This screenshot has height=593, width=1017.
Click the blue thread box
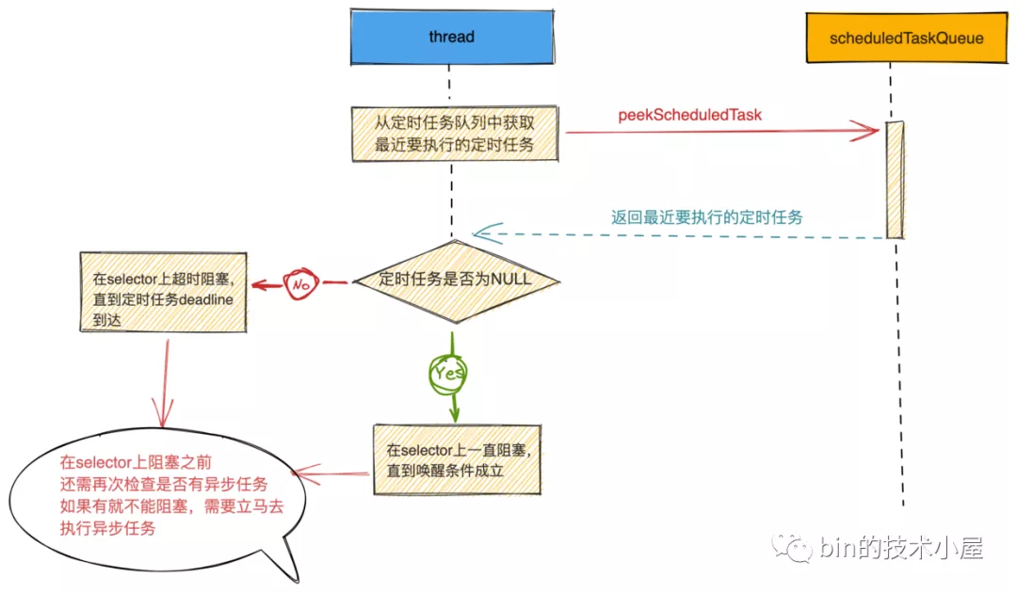(451, 38)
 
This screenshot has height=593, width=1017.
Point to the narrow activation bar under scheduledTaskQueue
(895, 179)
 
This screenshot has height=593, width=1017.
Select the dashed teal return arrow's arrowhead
(482, 233)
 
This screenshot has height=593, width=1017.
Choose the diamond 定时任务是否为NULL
(455, 280)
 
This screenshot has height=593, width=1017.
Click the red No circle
(302, 281)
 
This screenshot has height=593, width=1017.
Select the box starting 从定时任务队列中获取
(454, 132)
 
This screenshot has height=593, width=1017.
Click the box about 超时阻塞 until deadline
(162, 292)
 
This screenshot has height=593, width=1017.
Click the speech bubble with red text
(155, 504)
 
